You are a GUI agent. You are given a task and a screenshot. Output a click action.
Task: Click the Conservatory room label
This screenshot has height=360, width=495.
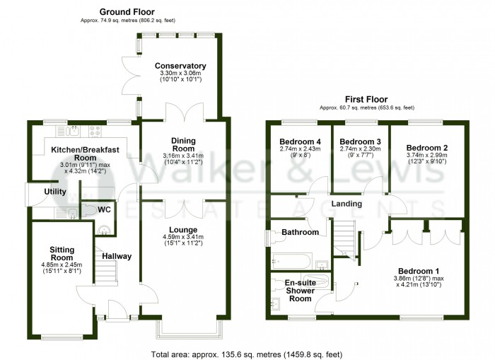181,66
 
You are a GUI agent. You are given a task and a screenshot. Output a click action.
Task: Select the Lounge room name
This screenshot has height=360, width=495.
183,229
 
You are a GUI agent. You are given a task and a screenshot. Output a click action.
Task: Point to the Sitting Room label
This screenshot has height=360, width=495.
61,254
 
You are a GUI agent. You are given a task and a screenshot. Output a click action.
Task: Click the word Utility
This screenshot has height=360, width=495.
55,192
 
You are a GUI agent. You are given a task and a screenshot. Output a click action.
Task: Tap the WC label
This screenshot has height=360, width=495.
104,210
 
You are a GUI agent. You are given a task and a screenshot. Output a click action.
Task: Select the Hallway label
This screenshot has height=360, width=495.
117,256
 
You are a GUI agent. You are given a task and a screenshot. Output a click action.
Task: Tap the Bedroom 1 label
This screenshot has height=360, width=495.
418,271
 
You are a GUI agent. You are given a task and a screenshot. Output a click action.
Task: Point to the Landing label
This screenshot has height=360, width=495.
346,204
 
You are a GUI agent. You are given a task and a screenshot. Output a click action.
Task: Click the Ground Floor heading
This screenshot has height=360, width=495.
127,12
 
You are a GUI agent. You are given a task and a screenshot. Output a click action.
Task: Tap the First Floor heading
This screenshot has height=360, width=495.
364,100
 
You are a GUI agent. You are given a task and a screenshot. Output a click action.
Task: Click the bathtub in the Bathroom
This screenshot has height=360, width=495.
291,260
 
